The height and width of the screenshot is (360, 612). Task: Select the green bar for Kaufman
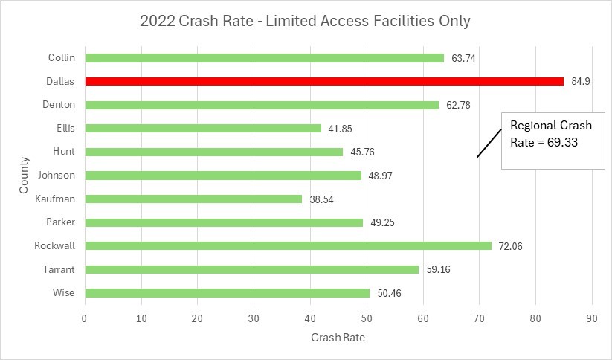193,199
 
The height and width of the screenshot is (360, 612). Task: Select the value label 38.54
322,199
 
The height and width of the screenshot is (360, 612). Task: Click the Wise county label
64,292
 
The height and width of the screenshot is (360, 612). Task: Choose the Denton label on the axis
59,104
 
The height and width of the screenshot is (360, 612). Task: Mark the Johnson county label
57,175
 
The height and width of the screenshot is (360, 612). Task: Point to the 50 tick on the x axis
367,318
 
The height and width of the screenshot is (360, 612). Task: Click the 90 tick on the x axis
592,318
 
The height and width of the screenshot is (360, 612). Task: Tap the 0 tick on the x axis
85,318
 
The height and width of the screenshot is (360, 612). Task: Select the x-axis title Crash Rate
338,337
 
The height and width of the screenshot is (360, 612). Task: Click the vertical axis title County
26,176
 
